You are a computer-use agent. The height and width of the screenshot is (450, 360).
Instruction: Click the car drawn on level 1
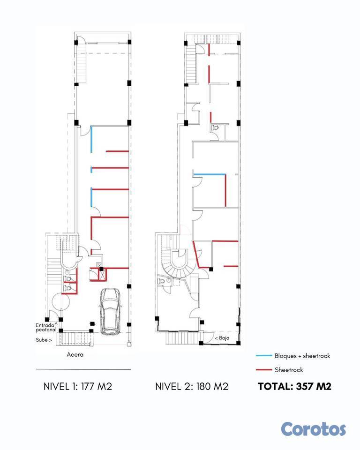[110, 311]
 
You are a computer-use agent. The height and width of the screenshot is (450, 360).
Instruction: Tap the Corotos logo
[313, 429]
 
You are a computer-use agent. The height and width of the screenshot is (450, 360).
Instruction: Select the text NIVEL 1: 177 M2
[77, 387]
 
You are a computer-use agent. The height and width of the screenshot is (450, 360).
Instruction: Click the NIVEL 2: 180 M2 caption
[191, 387]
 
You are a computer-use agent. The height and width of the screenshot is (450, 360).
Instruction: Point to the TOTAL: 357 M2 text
[294, 386]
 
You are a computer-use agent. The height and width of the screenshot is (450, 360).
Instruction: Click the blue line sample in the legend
[264, 356]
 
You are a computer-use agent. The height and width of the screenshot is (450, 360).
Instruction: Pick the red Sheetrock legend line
[264, 370]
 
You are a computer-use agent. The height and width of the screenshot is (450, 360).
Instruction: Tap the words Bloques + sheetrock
[302, 356]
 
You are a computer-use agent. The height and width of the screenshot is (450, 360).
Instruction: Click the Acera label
[75, 354]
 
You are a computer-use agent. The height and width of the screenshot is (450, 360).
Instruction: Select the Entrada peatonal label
[46, 328]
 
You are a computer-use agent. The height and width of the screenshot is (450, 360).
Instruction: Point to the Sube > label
[44, 340]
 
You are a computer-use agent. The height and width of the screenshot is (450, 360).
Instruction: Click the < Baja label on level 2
[222, 338]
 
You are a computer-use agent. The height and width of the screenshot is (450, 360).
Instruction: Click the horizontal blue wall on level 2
[209, 174]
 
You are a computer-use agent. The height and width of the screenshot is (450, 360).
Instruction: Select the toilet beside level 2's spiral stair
[161, 281]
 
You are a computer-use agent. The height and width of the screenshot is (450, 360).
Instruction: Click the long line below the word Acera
[83, 370]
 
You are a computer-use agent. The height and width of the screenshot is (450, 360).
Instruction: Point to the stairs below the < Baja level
[182, 338]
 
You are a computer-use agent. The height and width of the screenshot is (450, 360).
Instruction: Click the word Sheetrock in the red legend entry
[289, 370]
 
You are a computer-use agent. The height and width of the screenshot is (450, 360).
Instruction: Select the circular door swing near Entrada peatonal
[60, 302]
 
